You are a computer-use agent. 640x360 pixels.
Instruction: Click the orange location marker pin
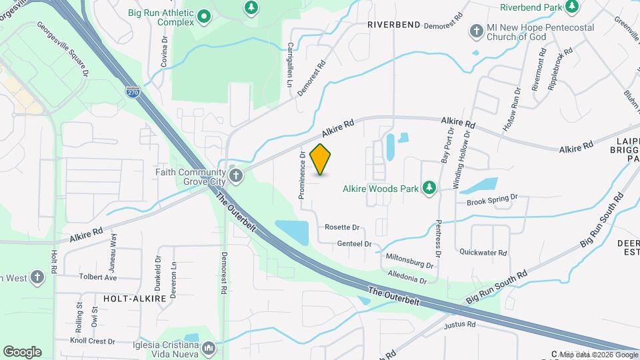[321, 159]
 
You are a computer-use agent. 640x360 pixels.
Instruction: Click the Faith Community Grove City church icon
[235, 176]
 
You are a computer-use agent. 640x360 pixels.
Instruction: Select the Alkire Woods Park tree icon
[430, 189]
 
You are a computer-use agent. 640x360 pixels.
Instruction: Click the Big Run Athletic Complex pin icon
[203, 18]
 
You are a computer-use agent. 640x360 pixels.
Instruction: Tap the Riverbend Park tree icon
[571, 7]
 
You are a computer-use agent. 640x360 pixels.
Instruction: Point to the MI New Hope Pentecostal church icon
[476, 31]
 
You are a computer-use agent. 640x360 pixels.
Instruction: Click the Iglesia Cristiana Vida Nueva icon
[209, 348]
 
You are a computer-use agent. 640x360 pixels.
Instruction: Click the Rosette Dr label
[342, 227]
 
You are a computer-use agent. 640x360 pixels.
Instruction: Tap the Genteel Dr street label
[355, 244]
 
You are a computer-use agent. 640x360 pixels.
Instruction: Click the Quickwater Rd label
[483, 253]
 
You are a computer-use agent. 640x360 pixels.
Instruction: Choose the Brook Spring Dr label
[492, 199]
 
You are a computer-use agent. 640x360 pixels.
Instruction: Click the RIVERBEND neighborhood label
[393, 25]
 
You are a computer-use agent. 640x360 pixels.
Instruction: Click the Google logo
[22, 351]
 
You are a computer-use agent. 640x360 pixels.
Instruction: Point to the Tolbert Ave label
[98, 277]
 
